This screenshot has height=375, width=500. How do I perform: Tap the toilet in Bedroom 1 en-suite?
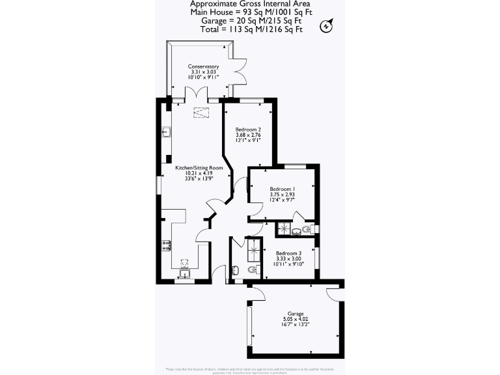point(307,229)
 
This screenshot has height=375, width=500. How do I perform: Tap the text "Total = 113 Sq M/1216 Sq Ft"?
point(250,29)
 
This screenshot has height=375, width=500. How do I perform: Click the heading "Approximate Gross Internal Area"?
point(250,4)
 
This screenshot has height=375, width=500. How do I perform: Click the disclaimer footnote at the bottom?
point(250,370)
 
